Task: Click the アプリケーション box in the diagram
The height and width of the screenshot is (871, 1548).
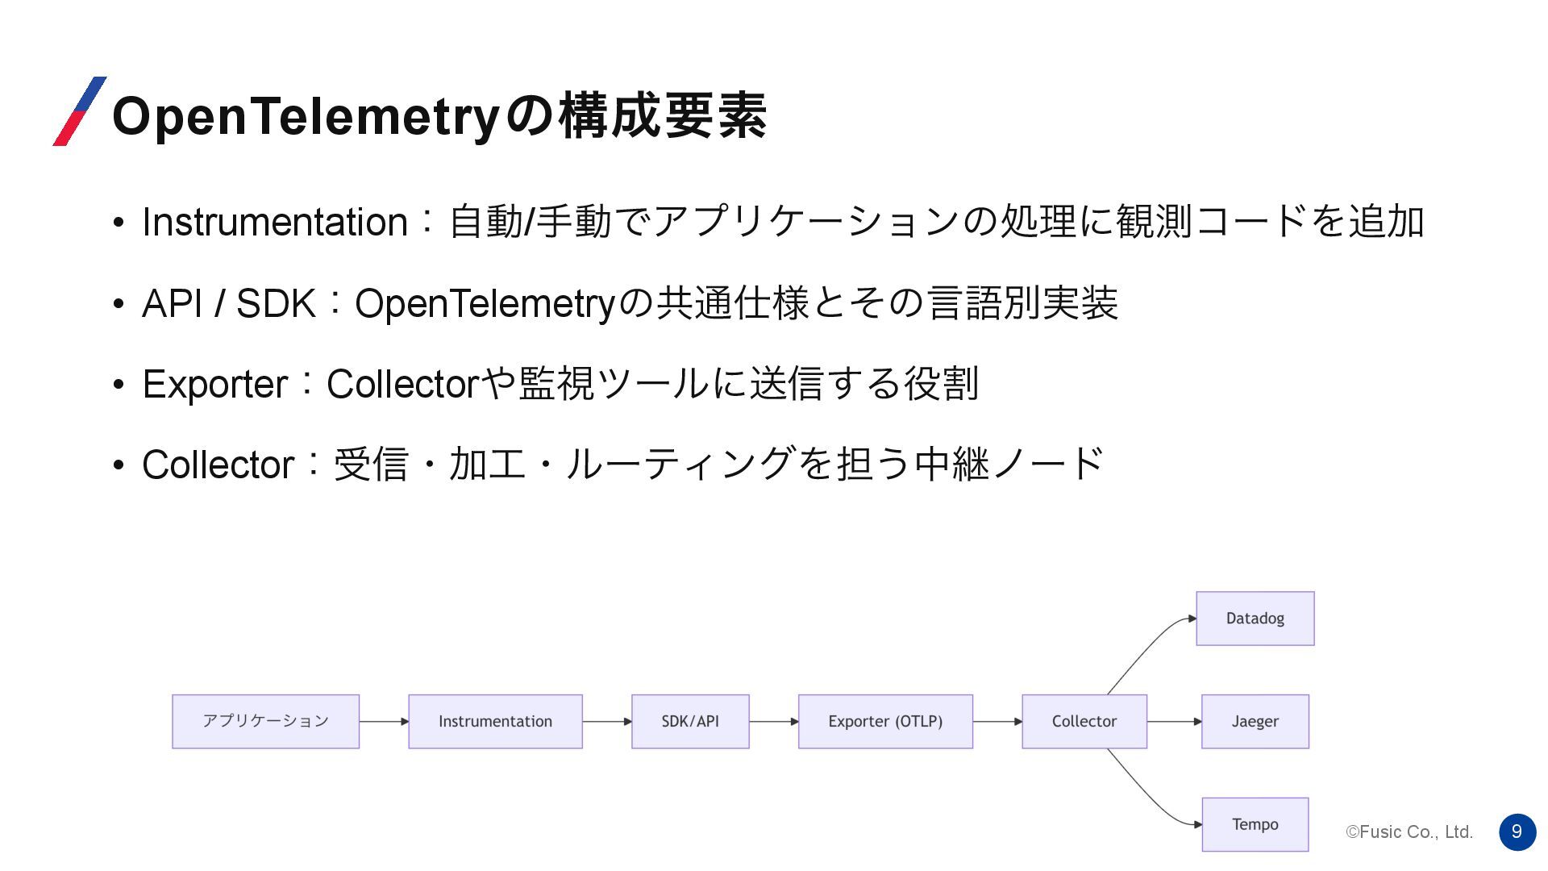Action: [265, 721]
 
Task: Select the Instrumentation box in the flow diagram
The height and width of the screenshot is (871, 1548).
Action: [495, 721]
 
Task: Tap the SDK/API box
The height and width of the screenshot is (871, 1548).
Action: [690, 721]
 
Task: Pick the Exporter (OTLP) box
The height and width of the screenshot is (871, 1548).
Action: [885, 721]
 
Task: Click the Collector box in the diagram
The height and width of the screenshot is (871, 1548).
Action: [1084, 721]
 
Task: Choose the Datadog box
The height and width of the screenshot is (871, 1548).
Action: [1255, 619]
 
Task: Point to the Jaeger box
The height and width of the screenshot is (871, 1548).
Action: [1255, 721]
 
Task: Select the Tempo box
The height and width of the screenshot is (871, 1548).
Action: [1255, 824]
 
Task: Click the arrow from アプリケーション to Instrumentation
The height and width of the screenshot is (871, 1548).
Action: [384, 721]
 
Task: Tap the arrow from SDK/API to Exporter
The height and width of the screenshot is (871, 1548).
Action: [773, 721]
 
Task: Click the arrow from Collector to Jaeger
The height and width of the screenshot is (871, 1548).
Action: [1174, 721]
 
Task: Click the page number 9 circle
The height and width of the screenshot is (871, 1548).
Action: [1517, 831]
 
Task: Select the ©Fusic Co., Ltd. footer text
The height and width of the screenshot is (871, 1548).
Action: [1409, 831]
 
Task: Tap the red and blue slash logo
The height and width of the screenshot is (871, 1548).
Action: [79, 111]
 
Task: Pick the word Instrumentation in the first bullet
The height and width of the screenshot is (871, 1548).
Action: [274, 222]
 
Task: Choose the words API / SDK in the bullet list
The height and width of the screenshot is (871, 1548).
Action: [228, 304]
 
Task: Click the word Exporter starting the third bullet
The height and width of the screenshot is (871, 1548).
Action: [214, 384]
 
